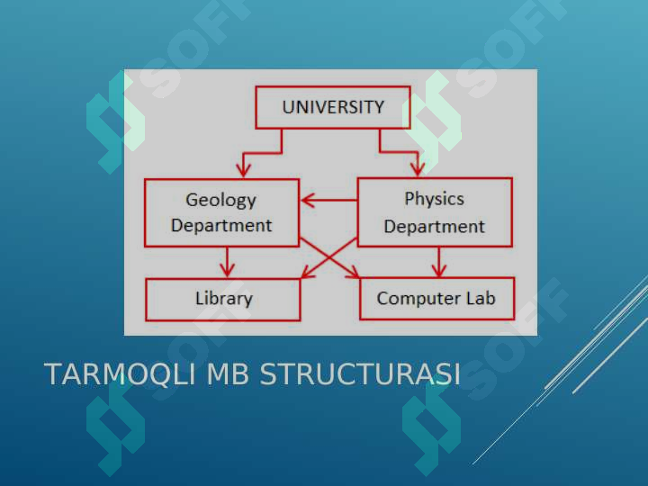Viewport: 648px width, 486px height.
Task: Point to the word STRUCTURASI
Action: coord(359,374)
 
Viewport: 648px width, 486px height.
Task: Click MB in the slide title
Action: coord(228,374)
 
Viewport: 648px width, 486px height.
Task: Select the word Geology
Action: coord(221,201)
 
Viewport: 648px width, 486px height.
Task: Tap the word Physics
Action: coord(435,200)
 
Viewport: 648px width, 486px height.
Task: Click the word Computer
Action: coord(418,299)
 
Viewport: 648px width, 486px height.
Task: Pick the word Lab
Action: coord(481,298)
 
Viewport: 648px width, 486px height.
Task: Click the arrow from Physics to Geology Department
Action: coord(329,201)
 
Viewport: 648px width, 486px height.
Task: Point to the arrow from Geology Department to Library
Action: coord(227,263)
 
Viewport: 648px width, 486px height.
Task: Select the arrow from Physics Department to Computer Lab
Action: coord(439,262)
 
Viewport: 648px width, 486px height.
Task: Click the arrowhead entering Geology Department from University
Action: coord(243,170)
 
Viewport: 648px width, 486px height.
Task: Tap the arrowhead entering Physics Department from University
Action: coord(418,168)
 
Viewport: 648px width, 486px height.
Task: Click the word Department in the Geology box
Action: coord(221,226)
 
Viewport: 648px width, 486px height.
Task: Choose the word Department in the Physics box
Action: coord(435,227)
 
